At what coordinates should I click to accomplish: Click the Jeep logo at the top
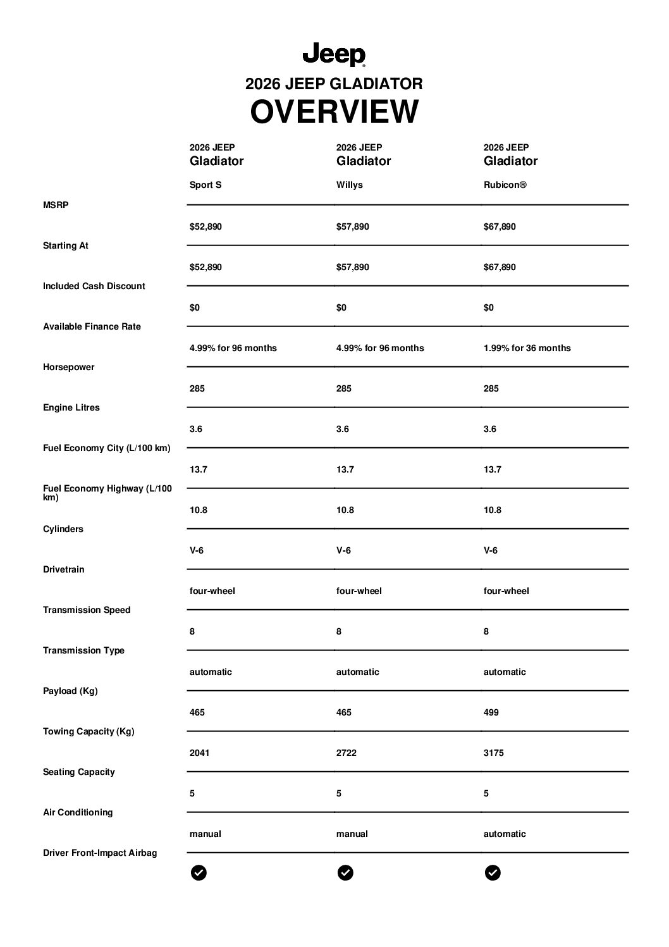[x=334, y=55]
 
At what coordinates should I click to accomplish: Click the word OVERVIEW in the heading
[x=334, y=112]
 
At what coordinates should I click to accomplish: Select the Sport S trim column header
[x=206, y=185]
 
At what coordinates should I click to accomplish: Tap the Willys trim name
[x=349, y=185]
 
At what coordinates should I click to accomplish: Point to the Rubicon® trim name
[x=505, y=185]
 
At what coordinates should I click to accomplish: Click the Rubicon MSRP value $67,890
[x=500, y=226]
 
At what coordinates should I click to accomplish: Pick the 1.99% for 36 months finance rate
[x=527, y=348]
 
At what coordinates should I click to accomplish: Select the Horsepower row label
[x=68, y=367]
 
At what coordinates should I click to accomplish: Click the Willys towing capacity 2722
[x=346, y=753]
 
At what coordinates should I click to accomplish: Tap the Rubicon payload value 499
[x=491, y=712]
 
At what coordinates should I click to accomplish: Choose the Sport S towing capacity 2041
[x=199, y=753]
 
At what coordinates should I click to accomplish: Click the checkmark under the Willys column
[x=345, y=873]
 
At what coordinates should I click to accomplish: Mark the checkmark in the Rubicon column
[x=493, y=873]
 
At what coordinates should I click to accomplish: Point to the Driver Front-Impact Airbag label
[x=100, y=853]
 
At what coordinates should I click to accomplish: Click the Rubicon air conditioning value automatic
[x=505, y=834]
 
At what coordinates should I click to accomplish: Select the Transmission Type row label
[x=83, y=650]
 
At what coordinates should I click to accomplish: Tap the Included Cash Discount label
[x=94, y=286]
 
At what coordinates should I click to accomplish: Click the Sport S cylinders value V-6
[x=197, y=550]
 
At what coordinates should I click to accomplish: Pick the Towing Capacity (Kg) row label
[x=89, y=731]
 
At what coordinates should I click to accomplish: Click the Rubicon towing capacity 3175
[x=493, y=753]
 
